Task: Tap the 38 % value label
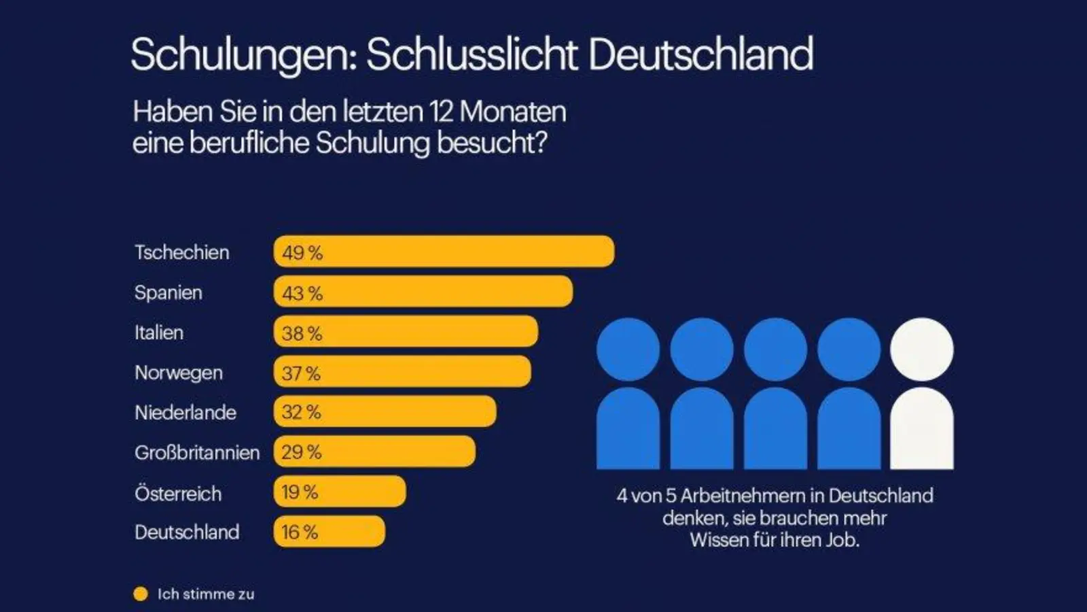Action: point(302,333)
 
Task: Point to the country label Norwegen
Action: point(179,373)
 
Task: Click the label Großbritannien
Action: point(197,453)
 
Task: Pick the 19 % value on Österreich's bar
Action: point(300,492)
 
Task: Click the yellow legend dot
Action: point(141,594)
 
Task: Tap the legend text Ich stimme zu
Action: point(206,594)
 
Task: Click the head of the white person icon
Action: point(922,350)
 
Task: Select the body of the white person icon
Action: point(922,430)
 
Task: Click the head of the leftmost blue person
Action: point(628,350)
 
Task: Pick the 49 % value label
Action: point(302,253)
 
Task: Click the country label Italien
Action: point(159,333)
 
